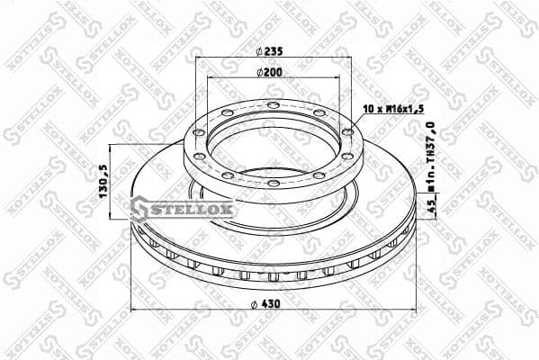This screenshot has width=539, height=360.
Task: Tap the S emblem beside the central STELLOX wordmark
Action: tap(140, 210)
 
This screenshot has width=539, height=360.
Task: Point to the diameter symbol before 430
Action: tap(256, 303)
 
